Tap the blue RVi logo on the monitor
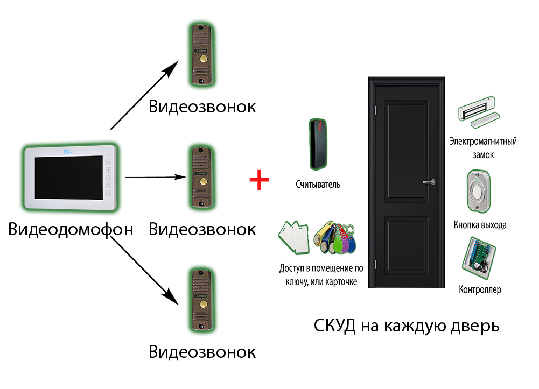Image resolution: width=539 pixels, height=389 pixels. click(x=67, y=151)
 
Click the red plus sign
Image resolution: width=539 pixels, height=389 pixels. click(x=258, y=179)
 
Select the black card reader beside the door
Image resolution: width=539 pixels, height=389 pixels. click(x=318, y=144)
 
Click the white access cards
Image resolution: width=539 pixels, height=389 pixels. click(x=295, y=237)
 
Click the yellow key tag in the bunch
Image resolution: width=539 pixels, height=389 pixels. click(x=328, y=236)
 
